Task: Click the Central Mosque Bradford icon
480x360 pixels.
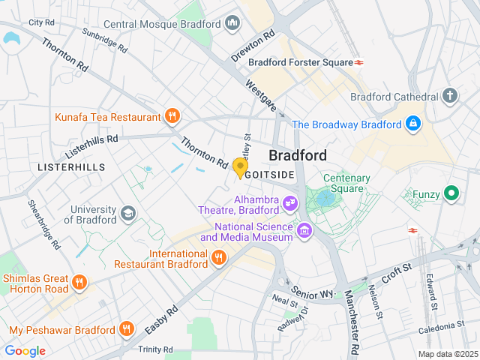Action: click(232, 24)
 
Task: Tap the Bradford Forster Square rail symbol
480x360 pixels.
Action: click(360, 62)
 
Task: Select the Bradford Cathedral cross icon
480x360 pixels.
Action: click(449, 96)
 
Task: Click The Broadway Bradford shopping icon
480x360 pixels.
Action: click(412, 124)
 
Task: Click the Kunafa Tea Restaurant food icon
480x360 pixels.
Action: click(172, 116)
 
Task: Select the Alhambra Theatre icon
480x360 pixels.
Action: click(289, 203)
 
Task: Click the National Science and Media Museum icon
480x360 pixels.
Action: click(304, 230)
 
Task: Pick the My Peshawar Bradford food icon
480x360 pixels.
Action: click(127, 329)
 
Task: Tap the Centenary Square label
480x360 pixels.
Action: click(346, 184)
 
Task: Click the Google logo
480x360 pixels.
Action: click(25, 350)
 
